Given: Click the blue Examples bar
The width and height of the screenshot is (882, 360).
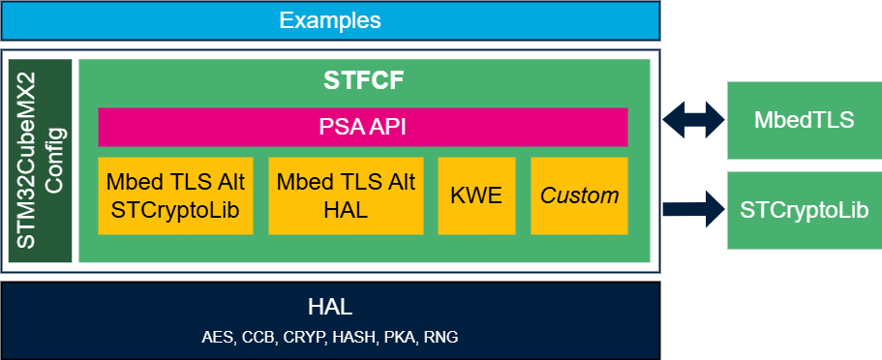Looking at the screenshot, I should [329, 20].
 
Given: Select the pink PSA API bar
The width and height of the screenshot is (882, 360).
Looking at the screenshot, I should [362, 127].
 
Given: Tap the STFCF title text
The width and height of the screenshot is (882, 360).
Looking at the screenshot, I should [363, 81].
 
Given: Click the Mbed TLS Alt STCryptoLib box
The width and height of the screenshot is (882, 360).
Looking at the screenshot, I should [175, 195].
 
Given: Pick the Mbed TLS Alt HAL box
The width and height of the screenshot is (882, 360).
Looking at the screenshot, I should [346, 195].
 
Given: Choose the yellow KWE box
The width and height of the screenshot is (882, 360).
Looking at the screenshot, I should [476, 195].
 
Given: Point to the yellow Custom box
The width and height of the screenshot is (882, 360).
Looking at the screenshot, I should [579, 195].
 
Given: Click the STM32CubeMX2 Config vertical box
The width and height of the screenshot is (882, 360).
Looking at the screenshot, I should [41, 161].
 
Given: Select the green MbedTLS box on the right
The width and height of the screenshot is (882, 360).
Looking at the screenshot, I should [804, 120].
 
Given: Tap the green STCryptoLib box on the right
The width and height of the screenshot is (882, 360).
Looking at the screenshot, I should [804, 210].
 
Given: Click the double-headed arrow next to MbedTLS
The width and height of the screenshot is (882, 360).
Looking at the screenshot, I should [694, 120].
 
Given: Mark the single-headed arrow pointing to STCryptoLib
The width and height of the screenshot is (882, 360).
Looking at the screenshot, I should [694, 208].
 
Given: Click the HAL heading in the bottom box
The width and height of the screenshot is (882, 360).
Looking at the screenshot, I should [329, 308].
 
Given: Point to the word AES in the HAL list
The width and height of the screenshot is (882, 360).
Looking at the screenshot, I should [218, 338].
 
